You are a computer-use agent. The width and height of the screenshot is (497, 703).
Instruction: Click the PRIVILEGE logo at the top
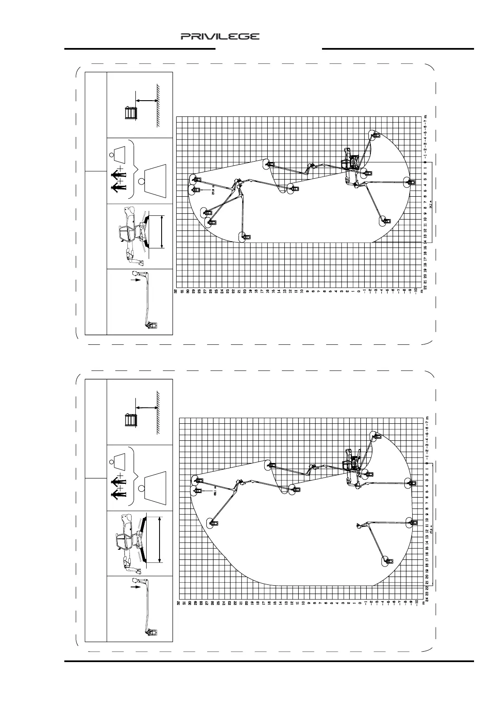pos(220,37)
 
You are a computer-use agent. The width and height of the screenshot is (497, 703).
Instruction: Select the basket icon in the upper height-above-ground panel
pos(131,113)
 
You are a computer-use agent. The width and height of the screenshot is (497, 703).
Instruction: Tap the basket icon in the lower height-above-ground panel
pos(131,420)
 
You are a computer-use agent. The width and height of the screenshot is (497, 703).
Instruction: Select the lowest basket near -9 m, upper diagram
pos(411,182)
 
